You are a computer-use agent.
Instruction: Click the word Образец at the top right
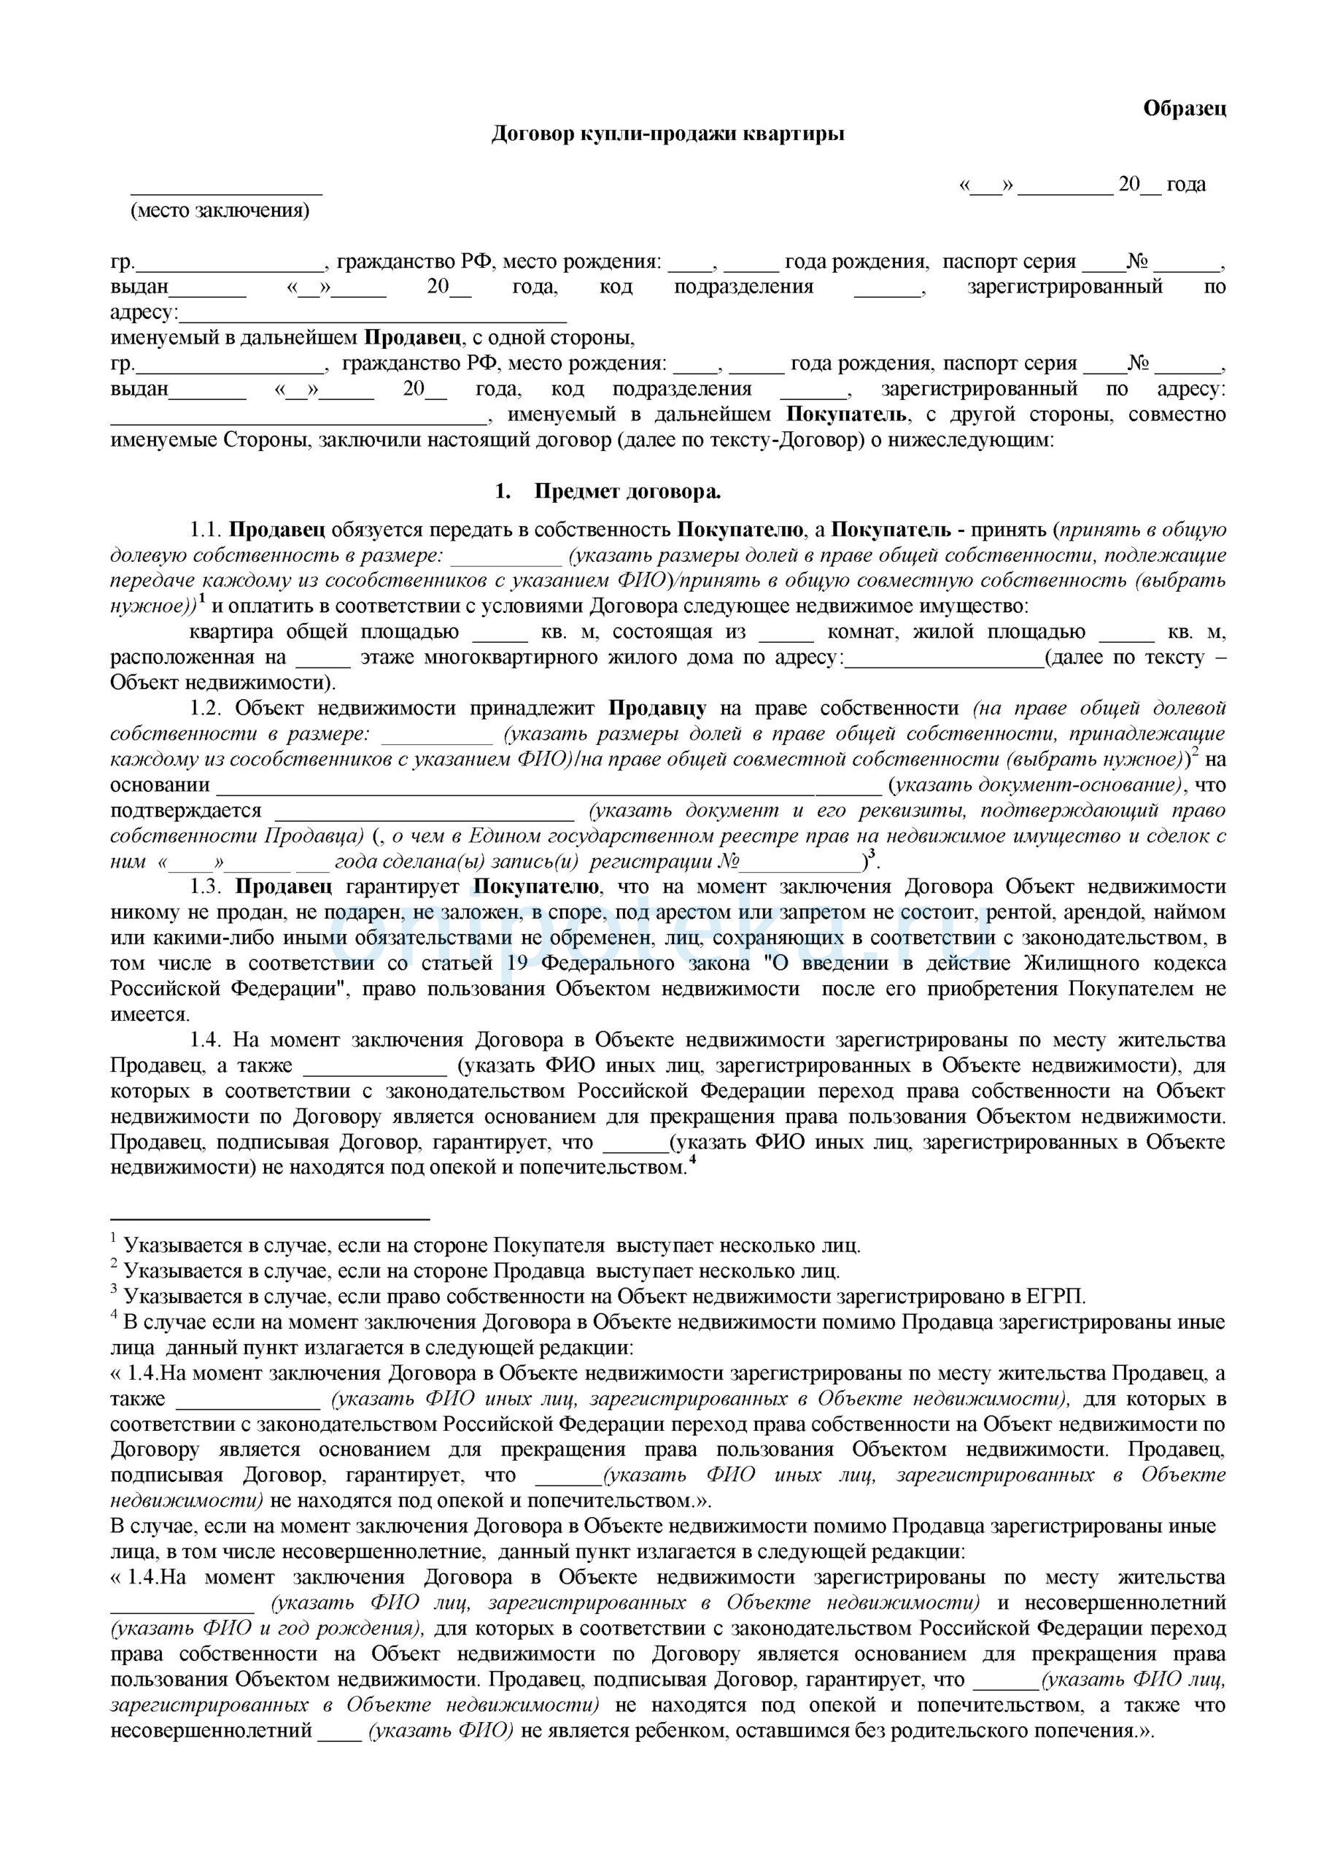coord(1185,108)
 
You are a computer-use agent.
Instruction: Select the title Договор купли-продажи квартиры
coord(668,134)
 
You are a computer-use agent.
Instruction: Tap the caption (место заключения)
coord(220,211)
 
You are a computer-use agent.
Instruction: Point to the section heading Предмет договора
coord(627,493)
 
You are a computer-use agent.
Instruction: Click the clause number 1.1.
coord(205,530)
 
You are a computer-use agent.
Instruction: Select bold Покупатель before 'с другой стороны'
coord(846,415)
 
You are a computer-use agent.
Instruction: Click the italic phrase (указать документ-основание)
coord(1037,786)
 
